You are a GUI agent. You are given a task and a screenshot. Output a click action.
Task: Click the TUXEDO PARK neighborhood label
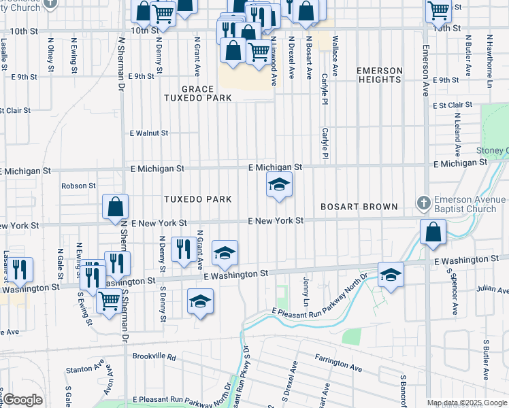point(197,199)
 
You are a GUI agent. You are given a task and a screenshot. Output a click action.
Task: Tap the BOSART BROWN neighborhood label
point(359,206)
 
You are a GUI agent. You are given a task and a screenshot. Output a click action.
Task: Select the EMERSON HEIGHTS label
point(379,75)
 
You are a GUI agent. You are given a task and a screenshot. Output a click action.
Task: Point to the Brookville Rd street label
point(154,356)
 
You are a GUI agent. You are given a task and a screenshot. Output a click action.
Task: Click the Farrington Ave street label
point(338,367)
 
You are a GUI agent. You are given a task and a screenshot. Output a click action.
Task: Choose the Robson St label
point(78,186)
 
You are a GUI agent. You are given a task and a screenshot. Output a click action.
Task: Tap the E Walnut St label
point(149,133)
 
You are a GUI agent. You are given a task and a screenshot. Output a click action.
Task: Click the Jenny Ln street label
point(306,290)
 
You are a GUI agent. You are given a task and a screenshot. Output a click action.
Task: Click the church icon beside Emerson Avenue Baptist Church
point(423,203)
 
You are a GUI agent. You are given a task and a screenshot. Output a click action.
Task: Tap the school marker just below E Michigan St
point(278,184)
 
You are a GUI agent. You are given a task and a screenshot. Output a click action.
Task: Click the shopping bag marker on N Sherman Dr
point(115,207)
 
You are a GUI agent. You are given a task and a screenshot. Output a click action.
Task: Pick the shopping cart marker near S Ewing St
point(109,300)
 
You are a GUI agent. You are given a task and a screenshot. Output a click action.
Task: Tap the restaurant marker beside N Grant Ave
point(182,248)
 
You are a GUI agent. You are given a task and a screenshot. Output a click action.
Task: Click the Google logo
point(22,400)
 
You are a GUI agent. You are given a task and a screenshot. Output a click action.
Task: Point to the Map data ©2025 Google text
point(467,403)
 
